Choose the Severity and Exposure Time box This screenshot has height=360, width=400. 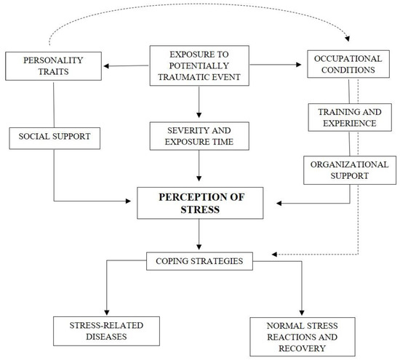199,136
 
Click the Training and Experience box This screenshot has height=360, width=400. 351,118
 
